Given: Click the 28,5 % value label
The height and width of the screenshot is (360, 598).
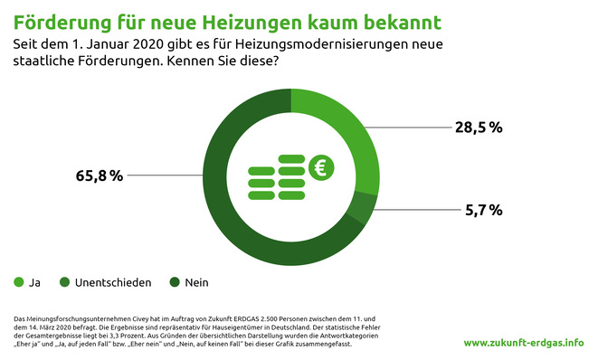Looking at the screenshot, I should coord(479,128).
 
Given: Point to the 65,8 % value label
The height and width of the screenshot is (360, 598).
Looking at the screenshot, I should coord(99,175).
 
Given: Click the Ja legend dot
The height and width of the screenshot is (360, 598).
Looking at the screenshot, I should coord(19,282).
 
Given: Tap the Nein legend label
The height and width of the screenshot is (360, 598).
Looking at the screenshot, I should coord(196,283).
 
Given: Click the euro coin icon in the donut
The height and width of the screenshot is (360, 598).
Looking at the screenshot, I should coord(320,167).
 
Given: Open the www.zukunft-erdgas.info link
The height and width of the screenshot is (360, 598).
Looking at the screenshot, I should coord(523,344).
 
